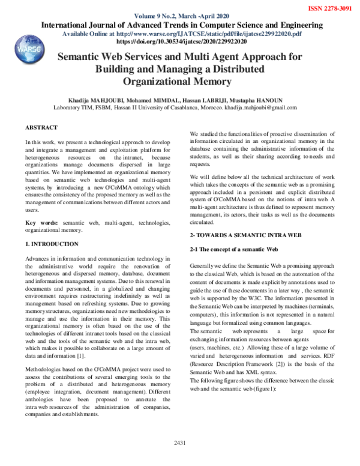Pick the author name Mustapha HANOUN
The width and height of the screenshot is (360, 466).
click(x=269, y=99)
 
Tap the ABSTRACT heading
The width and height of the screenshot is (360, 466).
click(x=41, y=128)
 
